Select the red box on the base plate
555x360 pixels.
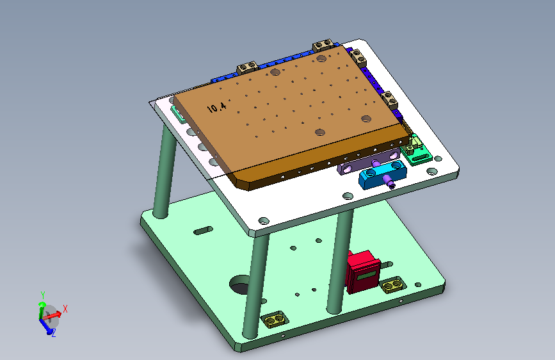pyautogui.click(x=364, y=272)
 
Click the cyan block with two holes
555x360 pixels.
pyautogui.click(x=382, y=174)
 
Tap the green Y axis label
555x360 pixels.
pyautogui.click(x=43, y=295)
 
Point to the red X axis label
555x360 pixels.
pyautogui.click(x=65, y=309)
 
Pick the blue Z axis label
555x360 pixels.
pyautogui.click(x=53, y=333)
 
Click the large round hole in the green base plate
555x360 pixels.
pyautogui.click(x=240, y=284)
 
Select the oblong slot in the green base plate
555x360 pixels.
pyautogui.click(x=204, y=231)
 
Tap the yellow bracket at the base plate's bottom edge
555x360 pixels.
pyautogui.click(x=275, y=319)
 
